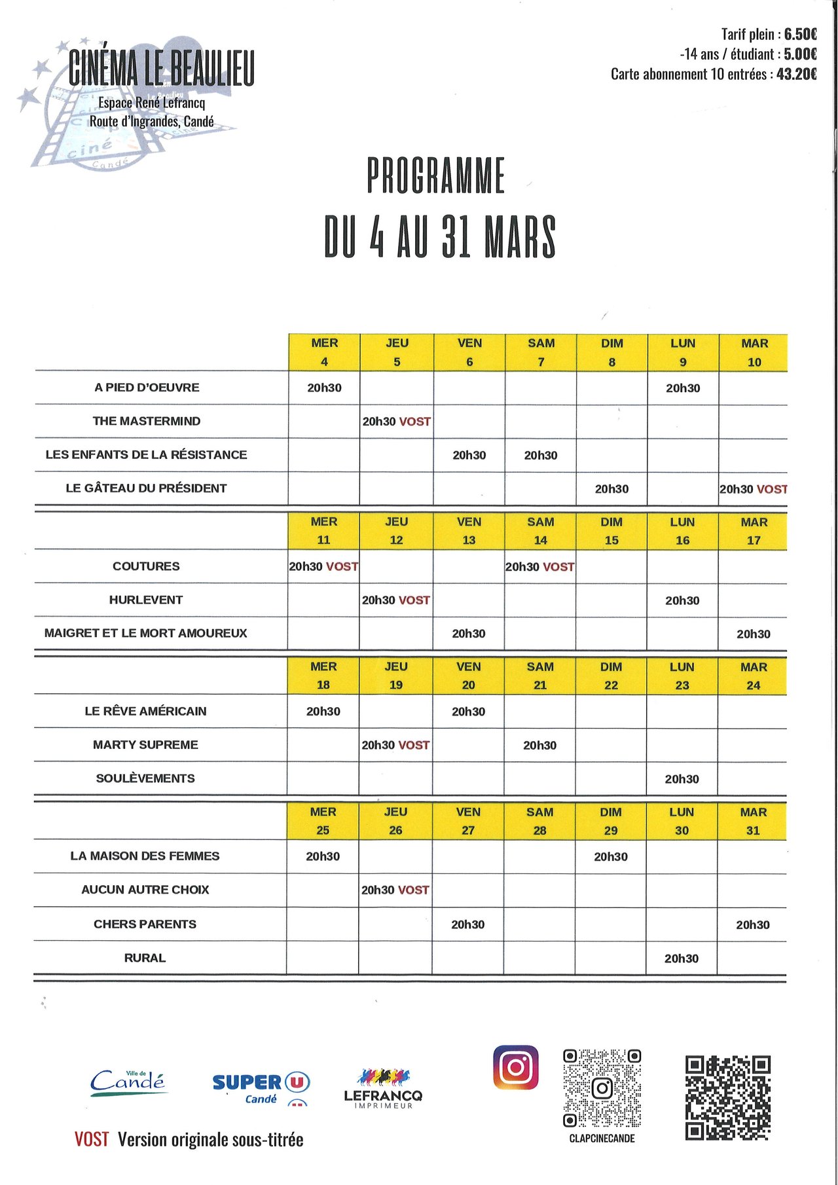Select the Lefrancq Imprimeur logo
383,1089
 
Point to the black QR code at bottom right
727,1097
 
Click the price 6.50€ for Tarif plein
800,34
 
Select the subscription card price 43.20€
796,74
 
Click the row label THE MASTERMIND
147,421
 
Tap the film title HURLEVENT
146,600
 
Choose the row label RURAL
145,958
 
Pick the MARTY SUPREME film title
145,745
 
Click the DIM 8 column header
611,352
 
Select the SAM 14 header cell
540,531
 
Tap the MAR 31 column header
753,821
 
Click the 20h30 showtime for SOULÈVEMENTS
682,779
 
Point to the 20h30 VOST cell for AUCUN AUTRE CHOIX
395,890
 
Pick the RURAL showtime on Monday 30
681,958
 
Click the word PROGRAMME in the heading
436,175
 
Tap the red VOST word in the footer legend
92,1140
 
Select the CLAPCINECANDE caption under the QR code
602,1139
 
